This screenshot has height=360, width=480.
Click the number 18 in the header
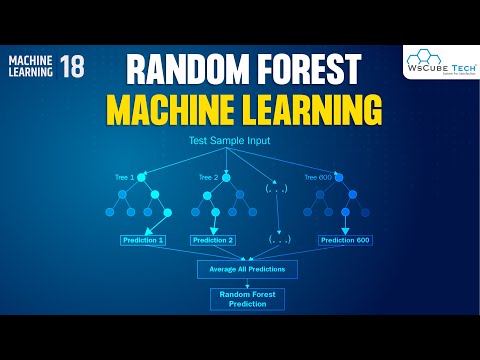pyautogui.click(x=71, y=67)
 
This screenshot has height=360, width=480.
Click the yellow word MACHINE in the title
pyautogui.click(x=178, y=108)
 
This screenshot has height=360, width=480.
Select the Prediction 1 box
pyautogui.click(x=141, y=240)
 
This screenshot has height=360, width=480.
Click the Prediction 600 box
pyautogui.click(x=346, y=240)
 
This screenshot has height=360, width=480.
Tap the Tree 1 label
pyautogui.click(x=124, y=177)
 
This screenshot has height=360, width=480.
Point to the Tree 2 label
pyautogui.click(x=208, y=177)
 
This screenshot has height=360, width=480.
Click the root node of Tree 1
pyautogui.click(x=142, y=177)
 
